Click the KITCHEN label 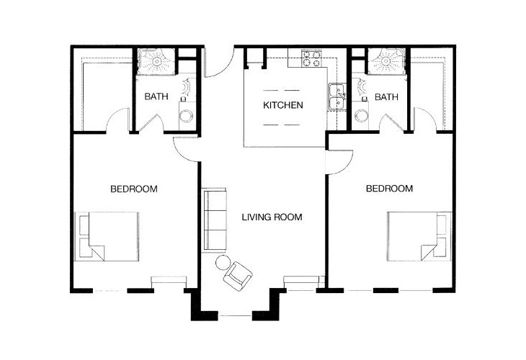point(282,105)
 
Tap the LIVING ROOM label point(272,217)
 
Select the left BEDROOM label point(134,189)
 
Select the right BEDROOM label point(389,189)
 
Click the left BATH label point(156,96)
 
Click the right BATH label point(386,97)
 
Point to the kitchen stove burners point(311,58)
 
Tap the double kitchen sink point(337,96)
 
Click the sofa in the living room point(215,220)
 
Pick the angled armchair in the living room point(238,276)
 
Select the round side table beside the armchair point(223,263)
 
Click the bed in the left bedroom point(107,236)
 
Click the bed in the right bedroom point(419,236)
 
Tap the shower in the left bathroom point(156,61)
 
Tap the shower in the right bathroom point(386,61)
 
